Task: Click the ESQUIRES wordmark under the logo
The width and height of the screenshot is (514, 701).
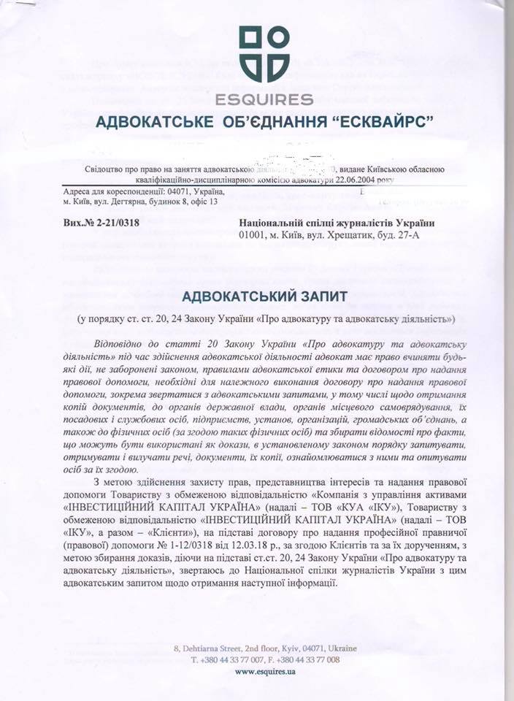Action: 264,99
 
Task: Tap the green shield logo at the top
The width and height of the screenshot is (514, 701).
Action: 264,55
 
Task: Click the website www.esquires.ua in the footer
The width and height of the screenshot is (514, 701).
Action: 265,672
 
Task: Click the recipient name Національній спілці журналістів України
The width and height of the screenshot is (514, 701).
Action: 337,223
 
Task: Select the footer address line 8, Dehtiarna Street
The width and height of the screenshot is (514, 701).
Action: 265,648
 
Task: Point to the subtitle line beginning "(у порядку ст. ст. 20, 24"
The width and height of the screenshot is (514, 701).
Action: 266,320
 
